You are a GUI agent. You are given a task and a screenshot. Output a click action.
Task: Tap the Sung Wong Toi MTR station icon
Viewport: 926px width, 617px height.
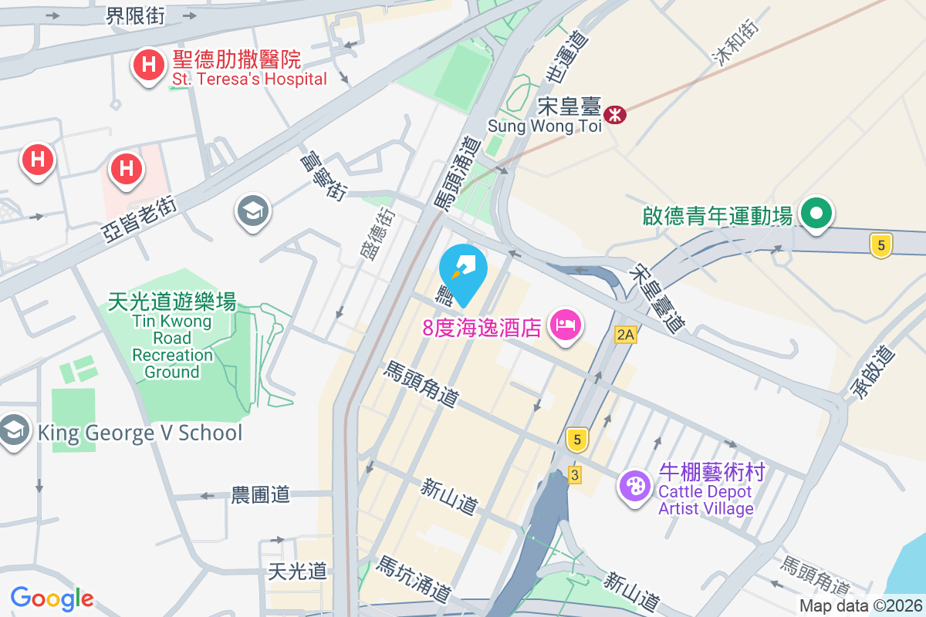pyautogui.click(x=615, y=115)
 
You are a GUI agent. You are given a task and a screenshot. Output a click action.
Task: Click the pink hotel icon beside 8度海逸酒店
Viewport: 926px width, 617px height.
pyautogui.click(x=566, y=324)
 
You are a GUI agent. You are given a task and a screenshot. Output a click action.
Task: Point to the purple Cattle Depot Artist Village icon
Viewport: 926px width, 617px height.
pyautogui.click(x=636, y=485)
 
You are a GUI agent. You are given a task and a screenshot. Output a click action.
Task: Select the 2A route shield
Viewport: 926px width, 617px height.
pyautogui.click(x=626, y=334)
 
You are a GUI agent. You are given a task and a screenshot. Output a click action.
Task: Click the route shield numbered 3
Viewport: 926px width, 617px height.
pyautogui.click(x=574, y=474)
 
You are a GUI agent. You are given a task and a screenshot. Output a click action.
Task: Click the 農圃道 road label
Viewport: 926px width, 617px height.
pyautogui.click(x=261, y=494)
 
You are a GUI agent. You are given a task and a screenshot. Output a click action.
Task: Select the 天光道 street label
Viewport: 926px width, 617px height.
pyautogui.click(x=297, y=571)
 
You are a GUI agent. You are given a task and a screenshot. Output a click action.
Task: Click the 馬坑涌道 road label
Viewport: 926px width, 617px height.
pyautogui.click(x=413, y=579)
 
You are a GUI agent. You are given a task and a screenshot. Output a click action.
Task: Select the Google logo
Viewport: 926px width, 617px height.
pyautogui.click(x=52, y=598)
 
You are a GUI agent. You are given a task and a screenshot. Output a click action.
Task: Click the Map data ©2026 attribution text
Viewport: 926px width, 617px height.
pyautogui.click(x=860, y=606)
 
